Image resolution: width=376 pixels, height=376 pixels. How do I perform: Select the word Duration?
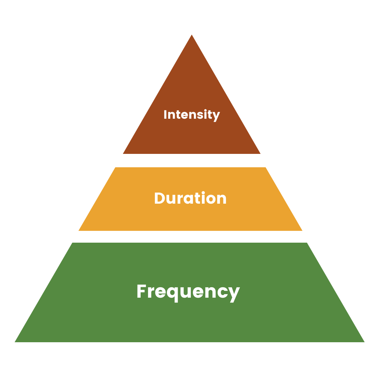190,198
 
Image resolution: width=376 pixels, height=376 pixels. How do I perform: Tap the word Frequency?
188,293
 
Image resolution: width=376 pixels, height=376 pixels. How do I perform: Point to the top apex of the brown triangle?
191,35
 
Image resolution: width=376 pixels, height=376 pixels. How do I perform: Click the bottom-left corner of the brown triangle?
123,154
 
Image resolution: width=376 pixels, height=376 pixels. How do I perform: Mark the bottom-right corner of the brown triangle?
260,154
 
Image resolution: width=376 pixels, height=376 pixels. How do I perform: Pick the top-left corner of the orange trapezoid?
115,167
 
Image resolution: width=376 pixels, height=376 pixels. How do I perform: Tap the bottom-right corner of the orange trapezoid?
303,231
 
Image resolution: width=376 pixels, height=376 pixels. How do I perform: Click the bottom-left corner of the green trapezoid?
15,342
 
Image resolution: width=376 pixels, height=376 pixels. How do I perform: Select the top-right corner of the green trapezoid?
307,243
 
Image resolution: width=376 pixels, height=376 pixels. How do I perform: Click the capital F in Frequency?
141,291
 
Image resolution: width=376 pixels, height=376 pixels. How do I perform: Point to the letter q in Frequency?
172,295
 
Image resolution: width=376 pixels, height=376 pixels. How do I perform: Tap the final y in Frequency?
234,295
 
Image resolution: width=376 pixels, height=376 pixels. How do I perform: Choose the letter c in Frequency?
222,292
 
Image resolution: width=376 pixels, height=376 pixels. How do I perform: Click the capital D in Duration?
160,198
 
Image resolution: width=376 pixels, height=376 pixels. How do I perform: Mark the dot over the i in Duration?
203,193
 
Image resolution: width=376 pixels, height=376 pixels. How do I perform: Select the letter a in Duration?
188,199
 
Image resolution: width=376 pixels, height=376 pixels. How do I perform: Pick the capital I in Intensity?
165,115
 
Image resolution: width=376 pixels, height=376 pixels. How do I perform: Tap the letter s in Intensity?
200,115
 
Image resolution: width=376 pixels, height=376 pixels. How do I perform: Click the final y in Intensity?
216,117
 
